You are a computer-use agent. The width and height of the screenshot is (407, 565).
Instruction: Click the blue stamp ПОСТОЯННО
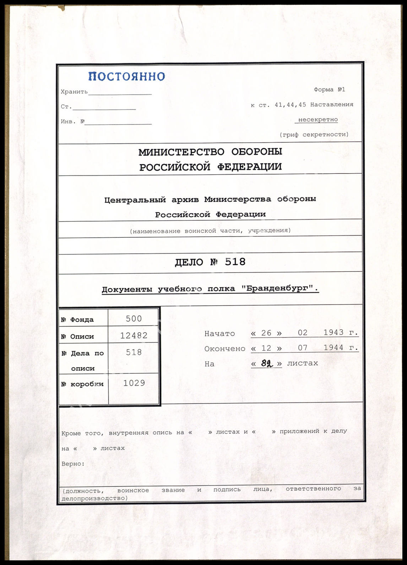pos(126,76)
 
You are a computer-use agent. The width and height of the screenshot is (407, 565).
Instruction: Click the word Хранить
pos(74,92)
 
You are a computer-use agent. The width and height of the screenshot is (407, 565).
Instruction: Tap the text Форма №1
pos(329,90)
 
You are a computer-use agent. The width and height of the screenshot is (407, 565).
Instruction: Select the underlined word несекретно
pos(318,120)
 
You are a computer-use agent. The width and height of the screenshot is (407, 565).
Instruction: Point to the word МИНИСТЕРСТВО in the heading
pos(181,152)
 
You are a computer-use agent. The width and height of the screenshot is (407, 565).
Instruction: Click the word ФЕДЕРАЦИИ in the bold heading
pos(246,167)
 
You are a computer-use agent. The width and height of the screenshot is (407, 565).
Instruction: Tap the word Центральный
pos(135,200)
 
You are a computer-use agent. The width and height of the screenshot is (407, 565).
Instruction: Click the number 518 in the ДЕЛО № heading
pos(235,262)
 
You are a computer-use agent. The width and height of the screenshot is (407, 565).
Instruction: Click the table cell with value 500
pos(134,319)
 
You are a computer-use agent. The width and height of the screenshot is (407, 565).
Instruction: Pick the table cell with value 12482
pos(134,335)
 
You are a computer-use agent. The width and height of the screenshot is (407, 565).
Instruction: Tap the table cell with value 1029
pos(134,383)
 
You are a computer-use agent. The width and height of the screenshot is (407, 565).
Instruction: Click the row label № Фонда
pos(77,320)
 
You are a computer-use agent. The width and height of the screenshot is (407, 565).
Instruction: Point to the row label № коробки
pos(82,384)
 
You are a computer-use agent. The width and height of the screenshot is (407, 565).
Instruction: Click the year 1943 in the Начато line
pos(333,333)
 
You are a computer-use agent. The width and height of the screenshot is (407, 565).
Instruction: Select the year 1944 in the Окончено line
pos(333,348)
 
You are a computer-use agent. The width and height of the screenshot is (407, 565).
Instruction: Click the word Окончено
pos(224,349)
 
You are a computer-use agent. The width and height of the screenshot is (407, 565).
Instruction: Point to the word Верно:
pos(73,464)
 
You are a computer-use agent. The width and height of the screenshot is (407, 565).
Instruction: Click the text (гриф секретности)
pos(314,135)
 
